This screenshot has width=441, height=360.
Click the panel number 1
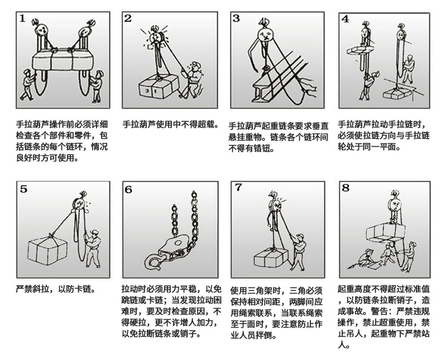tap(22, 19)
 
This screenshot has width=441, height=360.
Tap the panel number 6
tap(128, 190)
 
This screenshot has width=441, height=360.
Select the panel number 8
tap(346, 188)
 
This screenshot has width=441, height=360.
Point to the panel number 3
tap(236, 18)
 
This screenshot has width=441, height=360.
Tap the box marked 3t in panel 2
tap(159, 87)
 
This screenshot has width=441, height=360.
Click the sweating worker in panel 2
tap(192, 80)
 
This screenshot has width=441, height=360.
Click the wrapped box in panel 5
tap(47, 249)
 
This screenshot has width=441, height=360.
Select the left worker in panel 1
tap(27, 85)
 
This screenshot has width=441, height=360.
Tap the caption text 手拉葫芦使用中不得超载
tap(170, 124)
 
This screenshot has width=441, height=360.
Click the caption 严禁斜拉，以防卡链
tap(56, 289)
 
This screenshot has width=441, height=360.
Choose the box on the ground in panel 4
tap(397, 93)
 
